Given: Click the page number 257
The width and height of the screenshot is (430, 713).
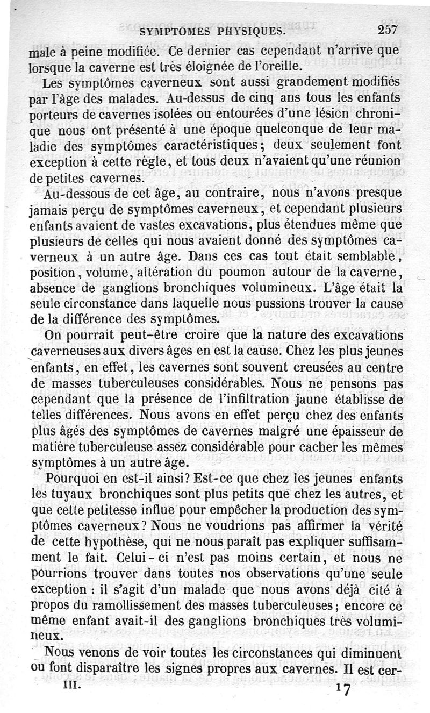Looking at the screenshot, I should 388,31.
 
